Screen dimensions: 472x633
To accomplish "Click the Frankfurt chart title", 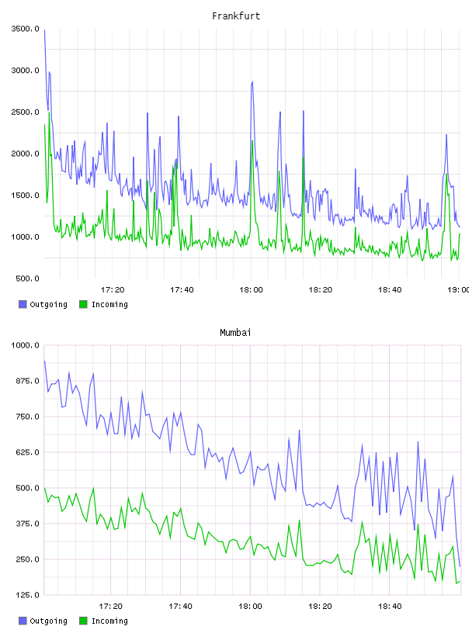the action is [x=236, y=16].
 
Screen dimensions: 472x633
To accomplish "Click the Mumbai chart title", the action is [x=235, y=333].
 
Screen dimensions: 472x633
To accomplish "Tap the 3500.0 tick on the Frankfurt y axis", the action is [x=26, y=29].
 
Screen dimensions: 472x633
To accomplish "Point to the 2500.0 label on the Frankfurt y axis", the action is [x=26, y=112].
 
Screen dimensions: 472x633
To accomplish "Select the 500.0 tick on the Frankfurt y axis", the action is [x=27, y=278].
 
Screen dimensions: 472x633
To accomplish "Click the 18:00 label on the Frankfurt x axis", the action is [x=251, y=289].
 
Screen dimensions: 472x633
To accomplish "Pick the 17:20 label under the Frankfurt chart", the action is [x=113, y=289].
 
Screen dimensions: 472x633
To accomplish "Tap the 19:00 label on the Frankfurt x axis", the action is [x=459, y=289].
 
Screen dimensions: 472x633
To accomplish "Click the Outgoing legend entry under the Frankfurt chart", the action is [x=43, y=304].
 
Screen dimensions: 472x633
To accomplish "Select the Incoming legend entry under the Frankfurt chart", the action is [x=103, y=304].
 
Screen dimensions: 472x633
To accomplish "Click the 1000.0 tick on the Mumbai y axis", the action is [x=26, y=345].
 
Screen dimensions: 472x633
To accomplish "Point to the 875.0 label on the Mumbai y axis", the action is [x=27, y=381].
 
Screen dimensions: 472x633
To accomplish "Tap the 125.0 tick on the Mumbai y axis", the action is [x=27, y=595].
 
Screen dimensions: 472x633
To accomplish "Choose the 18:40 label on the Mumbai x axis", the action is [x=390, y=606].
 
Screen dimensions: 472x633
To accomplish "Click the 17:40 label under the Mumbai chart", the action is [x=180, y=606].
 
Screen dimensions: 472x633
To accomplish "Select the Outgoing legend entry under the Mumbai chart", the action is [x=43, y=621].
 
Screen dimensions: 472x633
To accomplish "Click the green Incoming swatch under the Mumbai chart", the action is [x=83, y=621].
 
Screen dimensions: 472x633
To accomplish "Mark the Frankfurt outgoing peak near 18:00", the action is [x=252, y=82].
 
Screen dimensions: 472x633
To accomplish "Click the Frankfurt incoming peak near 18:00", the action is [x=252, y=141].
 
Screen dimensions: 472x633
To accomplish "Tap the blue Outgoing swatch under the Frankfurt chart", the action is [x=23, y=304].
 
